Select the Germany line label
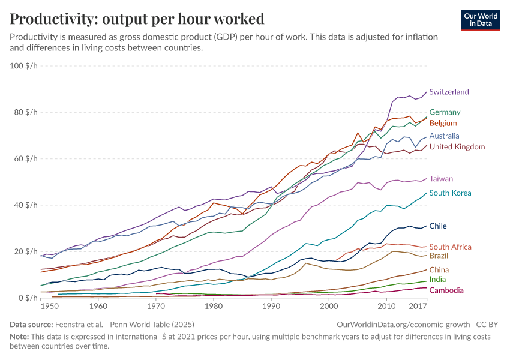tap(445, 112)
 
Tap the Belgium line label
tap(443, 123)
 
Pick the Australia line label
tap(445, 136)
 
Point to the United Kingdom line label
tap(457, 147)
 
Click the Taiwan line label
tap(441, 179)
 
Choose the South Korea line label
tap(450, 193)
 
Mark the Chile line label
tap(438, 226)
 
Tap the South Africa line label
tap(450, 247)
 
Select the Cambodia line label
tap(446, 290)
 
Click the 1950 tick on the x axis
tap(50, 307)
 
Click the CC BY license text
tap(489, 324)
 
